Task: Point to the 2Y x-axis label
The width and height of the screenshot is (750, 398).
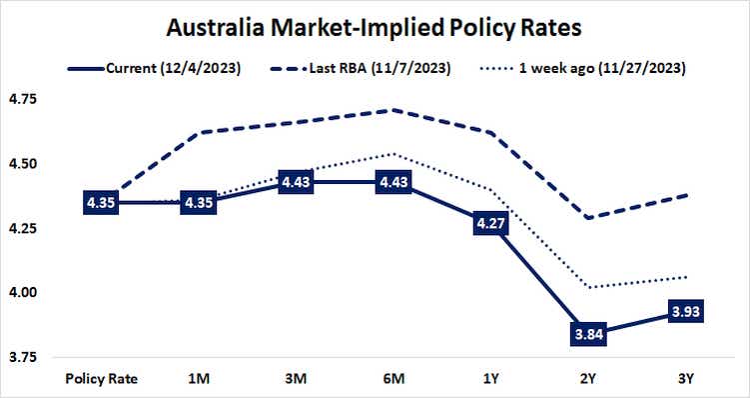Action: click(x=588, y=380)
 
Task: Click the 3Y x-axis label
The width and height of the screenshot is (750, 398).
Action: click(x=684, y=380)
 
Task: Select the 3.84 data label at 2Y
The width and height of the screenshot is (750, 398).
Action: click(x=588, y=334)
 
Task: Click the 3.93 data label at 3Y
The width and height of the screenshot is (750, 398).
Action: click(x=684, y=311)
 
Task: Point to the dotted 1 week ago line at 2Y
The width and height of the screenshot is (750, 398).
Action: click(x=588, y=288)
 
